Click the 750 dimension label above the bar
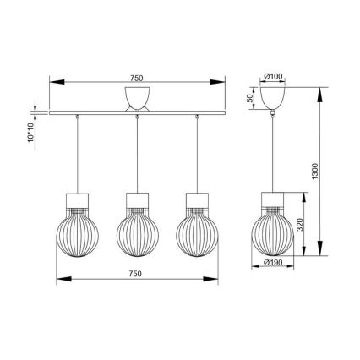[x=137, y=78]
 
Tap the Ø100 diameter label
[x=273, y=76]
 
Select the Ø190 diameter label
[x=273, y=263]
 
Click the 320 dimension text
[x=300, y=225]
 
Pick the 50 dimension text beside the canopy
[x=249, y=98]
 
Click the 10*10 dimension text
[x=31, y=133]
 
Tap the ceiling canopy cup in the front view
[x=137, y=98]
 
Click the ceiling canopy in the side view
[x=272, y=98]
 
